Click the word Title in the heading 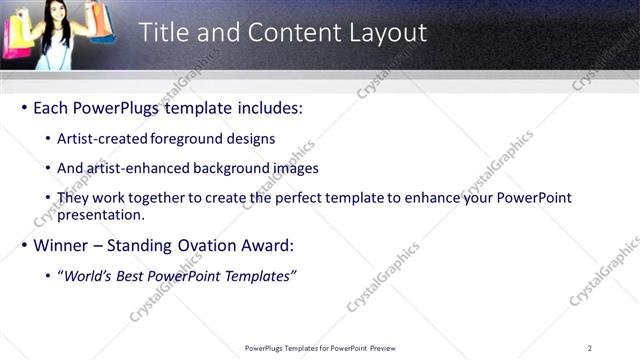(162, 32)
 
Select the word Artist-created (104, 139)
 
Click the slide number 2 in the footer (589, 348)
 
